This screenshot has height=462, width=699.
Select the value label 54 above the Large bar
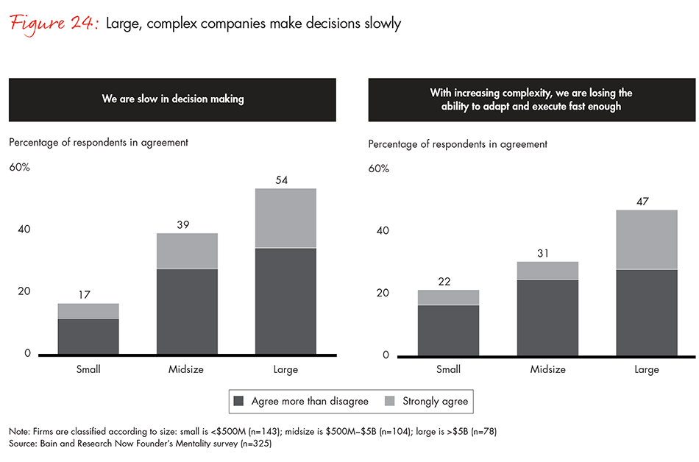pos(285,180)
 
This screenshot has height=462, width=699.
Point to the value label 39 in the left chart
pos(187,225)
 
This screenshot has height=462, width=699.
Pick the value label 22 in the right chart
pos(449,281)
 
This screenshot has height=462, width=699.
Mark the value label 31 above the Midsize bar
pos(547,253)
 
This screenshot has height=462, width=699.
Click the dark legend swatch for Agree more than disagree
pos(238,402)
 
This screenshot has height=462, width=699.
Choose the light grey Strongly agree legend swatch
pos(389,402)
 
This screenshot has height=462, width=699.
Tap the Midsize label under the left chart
pos(187,369)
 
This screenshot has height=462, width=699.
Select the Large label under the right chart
pos(646,369)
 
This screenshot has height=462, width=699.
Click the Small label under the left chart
pos(88,369)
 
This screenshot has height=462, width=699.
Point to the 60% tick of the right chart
pos(379,168)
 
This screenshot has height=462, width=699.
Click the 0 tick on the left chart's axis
pos(27,354)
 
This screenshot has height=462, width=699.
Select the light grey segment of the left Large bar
pos(285,218)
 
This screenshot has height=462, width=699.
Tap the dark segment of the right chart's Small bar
pos(449,330)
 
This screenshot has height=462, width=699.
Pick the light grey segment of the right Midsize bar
pos(547,271)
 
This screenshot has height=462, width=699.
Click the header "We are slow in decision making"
pos(172,99)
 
